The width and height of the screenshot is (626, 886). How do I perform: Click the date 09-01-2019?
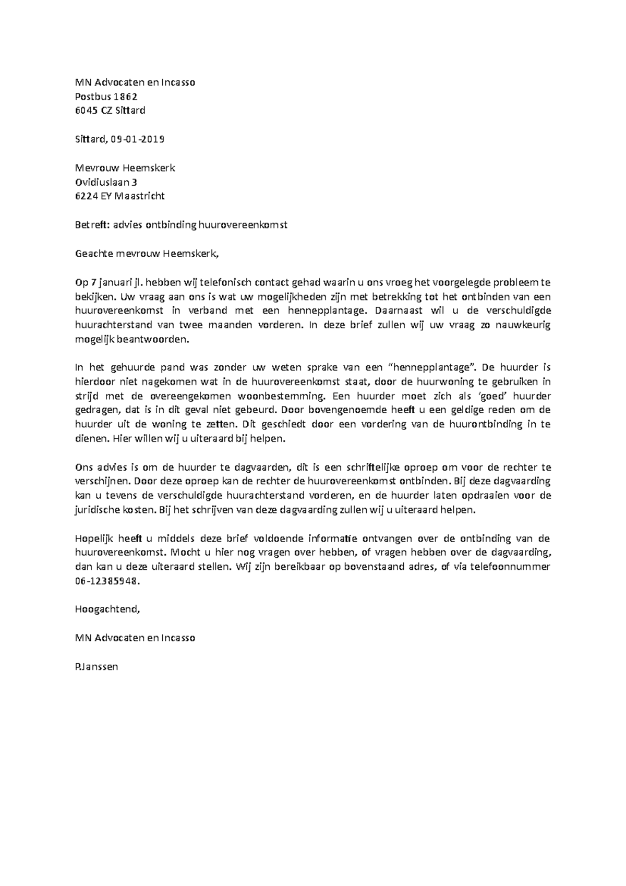(x=137, y=139)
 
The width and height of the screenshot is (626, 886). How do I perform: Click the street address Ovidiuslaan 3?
(x=106, y=182)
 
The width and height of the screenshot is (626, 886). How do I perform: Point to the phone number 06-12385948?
(x=108, y=581)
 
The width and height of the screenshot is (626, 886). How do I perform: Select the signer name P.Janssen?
(x=97, y=666)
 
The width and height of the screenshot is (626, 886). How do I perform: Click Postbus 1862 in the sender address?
(x=106, y=97)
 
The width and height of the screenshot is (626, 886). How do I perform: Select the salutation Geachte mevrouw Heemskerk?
(x=145, y=254)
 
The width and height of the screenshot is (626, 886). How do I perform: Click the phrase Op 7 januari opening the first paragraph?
(x=102, y=283)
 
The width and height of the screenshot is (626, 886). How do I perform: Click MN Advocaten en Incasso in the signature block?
(x=135, y=638)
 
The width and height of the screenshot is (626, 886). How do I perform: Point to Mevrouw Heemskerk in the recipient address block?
(x=125, y=168)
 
